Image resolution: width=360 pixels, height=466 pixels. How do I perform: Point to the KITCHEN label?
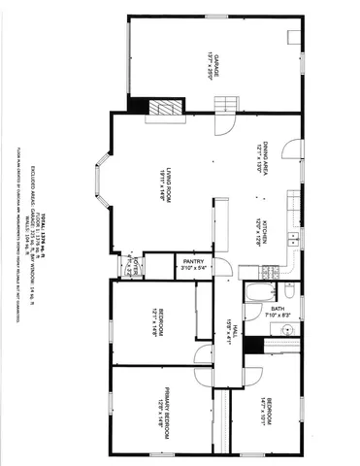[x=260, y=224]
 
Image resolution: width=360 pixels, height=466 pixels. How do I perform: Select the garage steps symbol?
[x=225, y=105]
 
